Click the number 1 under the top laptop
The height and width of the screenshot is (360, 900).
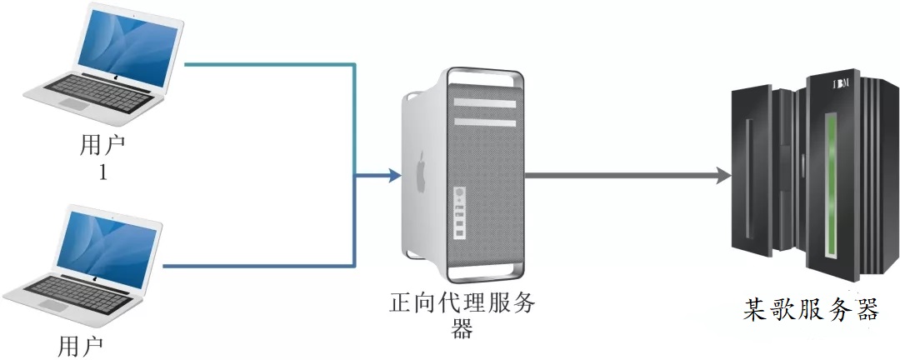[x=103, y=173]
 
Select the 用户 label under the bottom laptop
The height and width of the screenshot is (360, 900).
[x=81, y=346]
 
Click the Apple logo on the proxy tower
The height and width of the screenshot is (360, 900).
[x=421, y=166]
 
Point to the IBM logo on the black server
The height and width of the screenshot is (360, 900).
[x=840, y=83]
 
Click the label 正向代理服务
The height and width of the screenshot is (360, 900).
[x=462, y=302]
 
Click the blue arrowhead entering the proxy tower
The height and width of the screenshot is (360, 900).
[x=392, y=176]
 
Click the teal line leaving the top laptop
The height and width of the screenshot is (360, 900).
[x=267, y=63]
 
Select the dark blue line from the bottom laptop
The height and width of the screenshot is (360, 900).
[x=258, y=267]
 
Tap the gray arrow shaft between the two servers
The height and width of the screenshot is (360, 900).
[x=617, y=176]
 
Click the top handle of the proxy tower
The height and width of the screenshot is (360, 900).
[x=483, y=72]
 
